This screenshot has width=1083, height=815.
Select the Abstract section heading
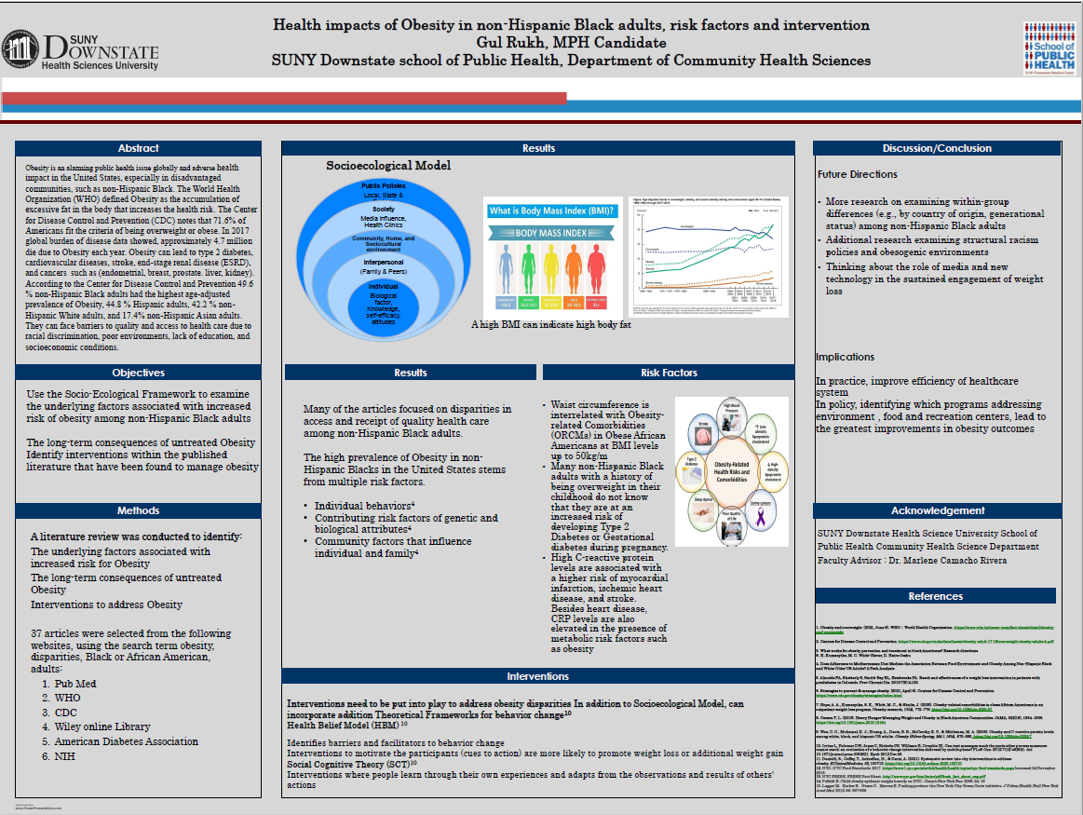click(138, 148)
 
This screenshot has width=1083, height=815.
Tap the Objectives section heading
click(138, 373)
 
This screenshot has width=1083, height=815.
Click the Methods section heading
click(138, 510)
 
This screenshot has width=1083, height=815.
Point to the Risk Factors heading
click(669, 373)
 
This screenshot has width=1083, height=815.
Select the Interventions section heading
click(538, 676)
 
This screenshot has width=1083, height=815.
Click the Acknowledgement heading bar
click(937, 510)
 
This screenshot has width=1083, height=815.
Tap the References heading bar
click(937, 596)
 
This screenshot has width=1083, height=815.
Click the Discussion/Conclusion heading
click(937, 148)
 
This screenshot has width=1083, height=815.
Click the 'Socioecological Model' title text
click(388, 166)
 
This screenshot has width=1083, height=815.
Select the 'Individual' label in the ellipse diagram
click(384, 286)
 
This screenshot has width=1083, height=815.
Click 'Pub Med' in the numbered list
click(75, 684)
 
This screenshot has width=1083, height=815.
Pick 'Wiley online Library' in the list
click(102, 727)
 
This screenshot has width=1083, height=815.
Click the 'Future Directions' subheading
click(858, 174)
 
